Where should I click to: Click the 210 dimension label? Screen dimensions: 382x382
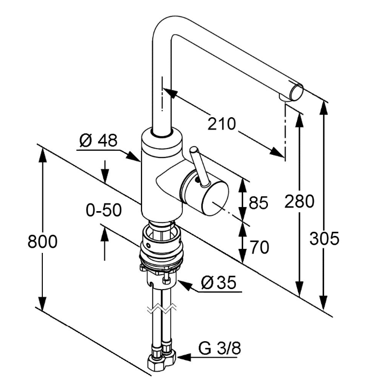pos(221,124)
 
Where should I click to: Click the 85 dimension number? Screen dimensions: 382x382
pos(258,203)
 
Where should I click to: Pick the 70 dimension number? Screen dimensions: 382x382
pos(258,248)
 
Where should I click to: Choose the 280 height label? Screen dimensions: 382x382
pos(299,202)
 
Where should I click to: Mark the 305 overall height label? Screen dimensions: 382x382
pos(325,238)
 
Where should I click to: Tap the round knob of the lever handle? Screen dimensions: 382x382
pos(194,150)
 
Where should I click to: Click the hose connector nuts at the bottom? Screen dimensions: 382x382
pos(162,358)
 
